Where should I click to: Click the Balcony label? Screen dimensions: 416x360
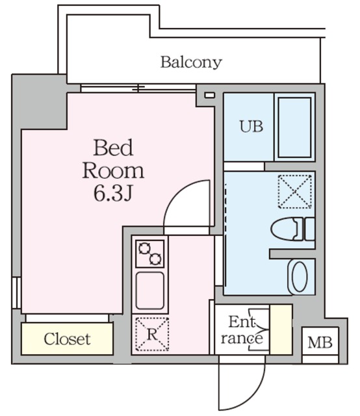pos(191,63)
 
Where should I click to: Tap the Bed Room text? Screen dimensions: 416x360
pos(113,159)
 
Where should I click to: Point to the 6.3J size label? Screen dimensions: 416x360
pos(113,193)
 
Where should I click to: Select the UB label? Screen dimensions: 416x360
pos(251,127)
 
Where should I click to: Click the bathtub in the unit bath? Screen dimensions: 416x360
pos(294,127)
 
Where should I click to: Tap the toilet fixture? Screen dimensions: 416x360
pos(290,229)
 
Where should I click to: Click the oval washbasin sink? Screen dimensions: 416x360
pos(299,278)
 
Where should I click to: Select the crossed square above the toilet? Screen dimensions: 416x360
pos(294,191)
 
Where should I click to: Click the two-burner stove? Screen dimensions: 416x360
pos(150,253)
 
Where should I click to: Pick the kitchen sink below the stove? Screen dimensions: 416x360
pos(150,291)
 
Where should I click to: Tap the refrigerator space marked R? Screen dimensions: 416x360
pos(150,333)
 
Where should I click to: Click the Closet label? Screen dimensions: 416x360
pos(67,339)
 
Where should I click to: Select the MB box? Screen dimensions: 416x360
pos(320,342)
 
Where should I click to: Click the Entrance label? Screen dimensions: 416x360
pos(242,330)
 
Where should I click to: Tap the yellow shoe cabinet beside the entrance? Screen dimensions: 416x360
pos(281,329)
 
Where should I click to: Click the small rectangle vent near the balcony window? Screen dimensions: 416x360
pos(209,96)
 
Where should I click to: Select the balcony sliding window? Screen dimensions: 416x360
pos(138,88)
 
